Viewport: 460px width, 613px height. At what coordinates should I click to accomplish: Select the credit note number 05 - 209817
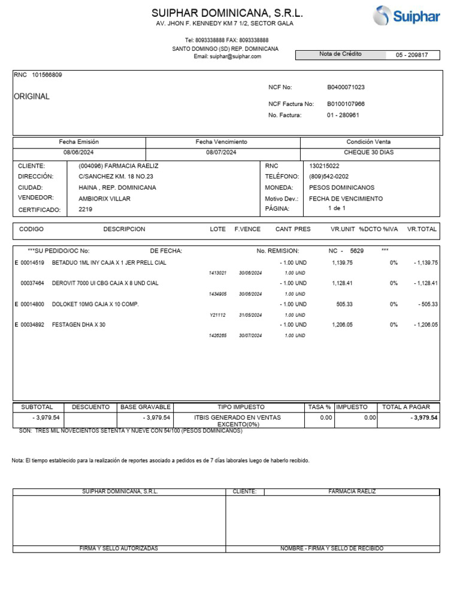(412, 55)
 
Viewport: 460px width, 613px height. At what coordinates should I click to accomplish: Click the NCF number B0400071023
(346, 87)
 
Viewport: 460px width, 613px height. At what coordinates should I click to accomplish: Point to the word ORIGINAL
(32, 96)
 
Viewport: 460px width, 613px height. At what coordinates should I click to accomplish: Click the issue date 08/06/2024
(79, 153)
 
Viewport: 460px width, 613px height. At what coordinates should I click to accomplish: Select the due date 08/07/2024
(221, 153)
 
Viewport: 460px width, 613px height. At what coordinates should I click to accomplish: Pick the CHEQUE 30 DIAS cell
(368, 153)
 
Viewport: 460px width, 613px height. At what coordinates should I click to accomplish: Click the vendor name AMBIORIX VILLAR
(104, 198)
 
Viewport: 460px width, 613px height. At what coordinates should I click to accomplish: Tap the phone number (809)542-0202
(329, 177)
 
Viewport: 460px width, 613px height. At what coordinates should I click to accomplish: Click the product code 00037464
(32, 283)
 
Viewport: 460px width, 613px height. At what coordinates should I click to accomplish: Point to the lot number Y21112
(217, 315)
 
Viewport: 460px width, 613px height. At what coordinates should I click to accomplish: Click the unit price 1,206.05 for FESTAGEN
(342, 324)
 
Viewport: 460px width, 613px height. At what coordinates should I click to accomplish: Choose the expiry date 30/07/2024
(250, 336)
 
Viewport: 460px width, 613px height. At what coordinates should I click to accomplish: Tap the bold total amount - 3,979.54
(424, 418)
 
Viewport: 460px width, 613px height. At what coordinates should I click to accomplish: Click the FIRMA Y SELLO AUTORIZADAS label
(119, 548)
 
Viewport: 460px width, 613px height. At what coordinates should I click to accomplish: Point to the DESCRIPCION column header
(124, 229)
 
